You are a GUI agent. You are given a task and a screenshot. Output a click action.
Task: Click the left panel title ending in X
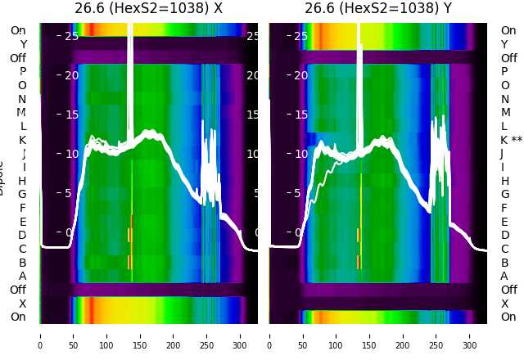coord(148,9)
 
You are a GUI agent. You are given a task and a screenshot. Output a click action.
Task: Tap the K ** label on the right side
coord(511,140)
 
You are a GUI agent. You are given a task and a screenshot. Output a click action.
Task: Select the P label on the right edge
coord(504,72)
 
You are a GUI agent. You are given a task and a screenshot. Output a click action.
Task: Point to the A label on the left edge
coord(22,276)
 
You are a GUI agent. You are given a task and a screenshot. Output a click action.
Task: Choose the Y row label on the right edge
coord(504,44)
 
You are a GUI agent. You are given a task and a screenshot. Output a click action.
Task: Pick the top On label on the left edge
coord(18,30)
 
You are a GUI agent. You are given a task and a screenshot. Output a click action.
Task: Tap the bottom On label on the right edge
coord(508,317)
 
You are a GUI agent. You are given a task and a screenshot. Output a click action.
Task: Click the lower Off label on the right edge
coord(508,290)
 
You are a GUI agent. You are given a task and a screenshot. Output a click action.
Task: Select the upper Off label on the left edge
coord(18,58)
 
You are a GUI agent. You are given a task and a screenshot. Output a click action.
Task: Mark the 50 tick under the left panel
coord(73,335)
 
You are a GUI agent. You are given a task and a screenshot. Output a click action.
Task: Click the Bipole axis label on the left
coord(4,178)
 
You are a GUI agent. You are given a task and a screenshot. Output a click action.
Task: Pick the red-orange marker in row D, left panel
coord(129,235)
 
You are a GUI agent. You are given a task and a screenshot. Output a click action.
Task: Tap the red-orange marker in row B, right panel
coord(358,262)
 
